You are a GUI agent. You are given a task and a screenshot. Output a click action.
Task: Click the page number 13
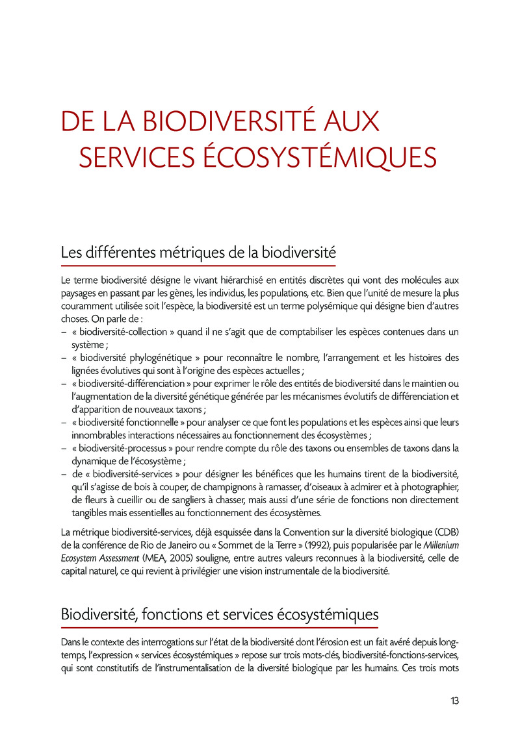pyautogui.click(x=454, y=701)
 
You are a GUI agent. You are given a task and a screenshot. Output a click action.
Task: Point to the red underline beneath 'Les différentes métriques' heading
pyautogui.click(x=198, y=266)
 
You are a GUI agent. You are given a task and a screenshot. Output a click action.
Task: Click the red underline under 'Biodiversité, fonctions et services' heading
pyautogui.click(x=219, y=627)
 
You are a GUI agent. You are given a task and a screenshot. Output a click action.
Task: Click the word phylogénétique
pyautogui.click(x=156, y=358)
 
